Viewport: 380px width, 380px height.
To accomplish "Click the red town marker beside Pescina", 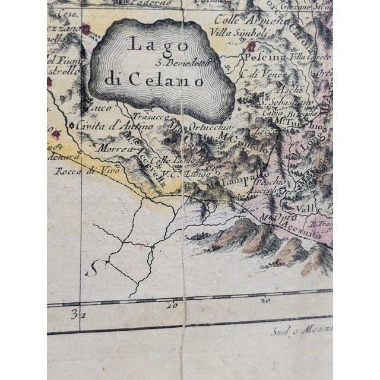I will (x=251, y=46).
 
